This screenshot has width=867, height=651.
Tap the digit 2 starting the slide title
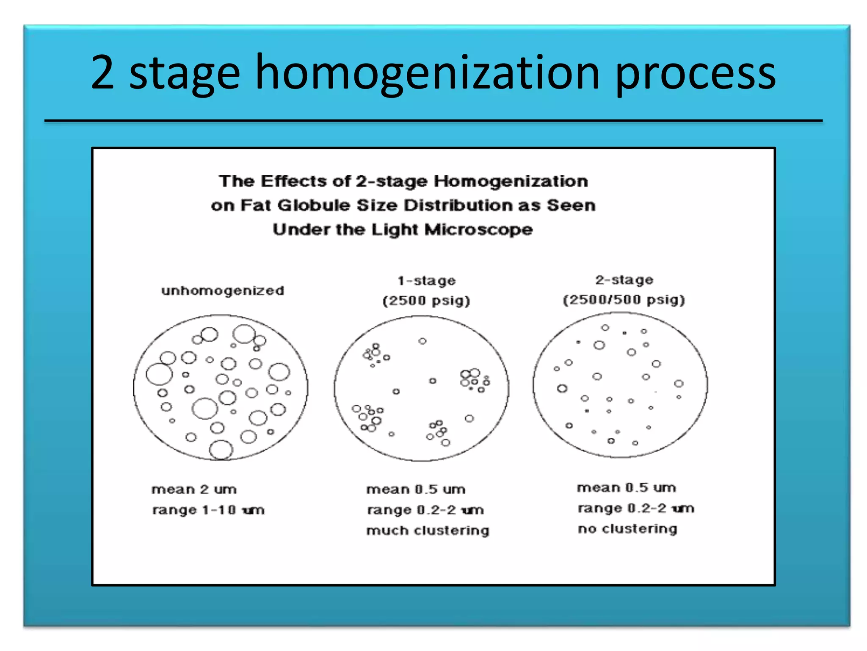(102, 73)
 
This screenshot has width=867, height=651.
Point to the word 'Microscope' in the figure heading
(478, 229)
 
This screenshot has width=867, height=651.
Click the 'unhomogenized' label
(223, 291)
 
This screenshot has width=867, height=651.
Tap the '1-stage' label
(426, 281)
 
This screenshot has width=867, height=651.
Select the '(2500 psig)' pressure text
(426, 300)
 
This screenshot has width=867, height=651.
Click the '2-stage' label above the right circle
(624, 280)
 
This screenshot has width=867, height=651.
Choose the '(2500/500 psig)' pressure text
(624, 300)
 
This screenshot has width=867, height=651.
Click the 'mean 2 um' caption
(194, 489)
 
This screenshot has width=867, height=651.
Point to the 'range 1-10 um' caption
(208, 509)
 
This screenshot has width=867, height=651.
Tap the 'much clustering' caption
(428, 530)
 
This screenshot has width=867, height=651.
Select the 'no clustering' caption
(627, 529)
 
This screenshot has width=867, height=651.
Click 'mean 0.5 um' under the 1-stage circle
(416, 489)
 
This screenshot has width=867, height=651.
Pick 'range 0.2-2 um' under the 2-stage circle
(636, 508)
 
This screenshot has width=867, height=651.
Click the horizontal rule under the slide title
(433, 121)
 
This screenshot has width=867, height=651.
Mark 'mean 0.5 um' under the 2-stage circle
(626, 487)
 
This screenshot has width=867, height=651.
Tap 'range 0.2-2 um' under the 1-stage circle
(425, 509)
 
